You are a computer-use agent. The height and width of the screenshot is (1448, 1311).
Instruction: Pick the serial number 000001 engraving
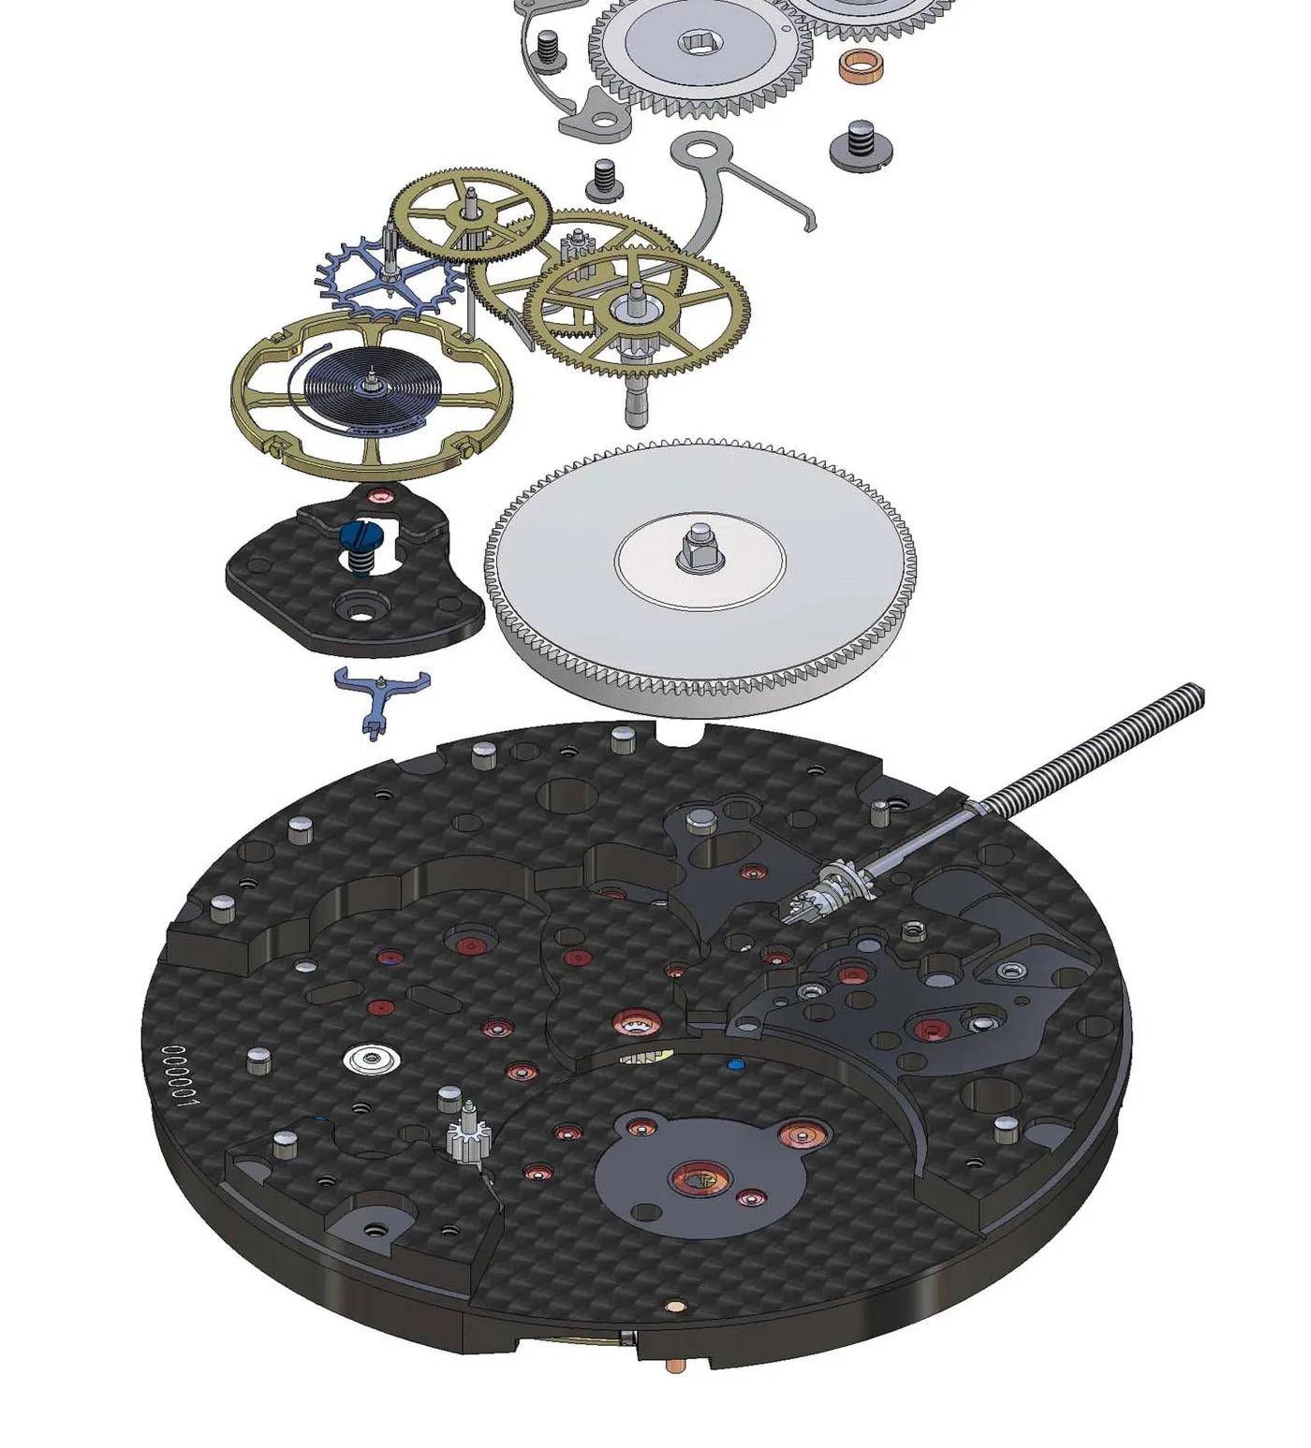coord(180,1076)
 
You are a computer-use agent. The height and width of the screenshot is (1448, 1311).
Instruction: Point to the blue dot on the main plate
coord(735,1064)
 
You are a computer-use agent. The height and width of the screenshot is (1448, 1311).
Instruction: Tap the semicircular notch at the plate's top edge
coord(682,728)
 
